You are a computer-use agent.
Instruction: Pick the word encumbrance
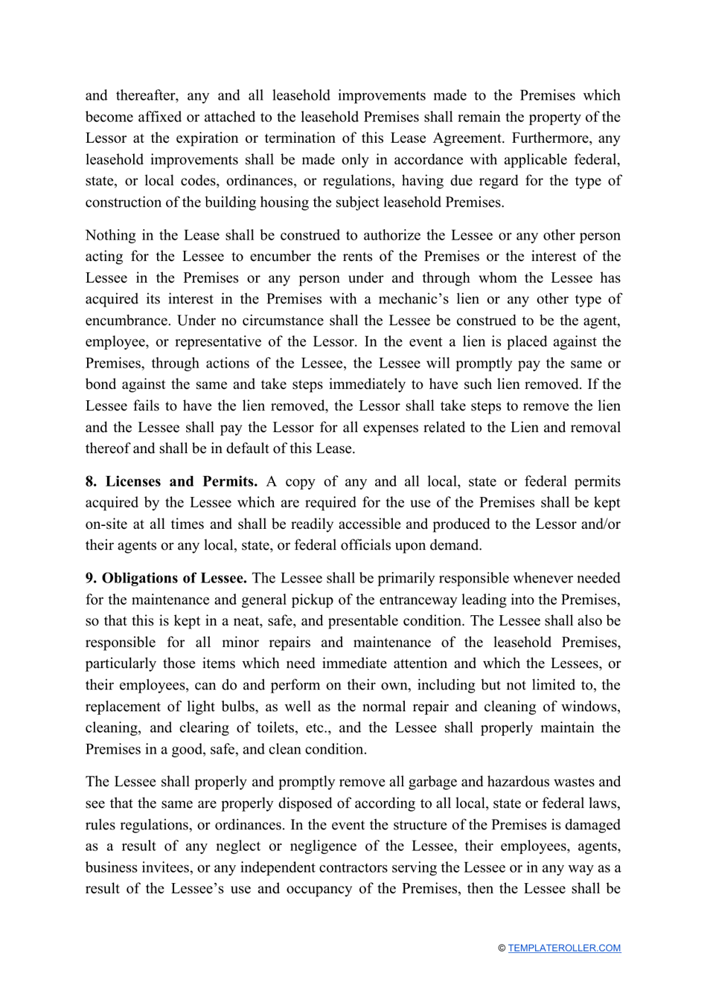[x=127, y=321]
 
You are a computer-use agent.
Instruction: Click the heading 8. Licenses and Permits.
[x=171, y=481]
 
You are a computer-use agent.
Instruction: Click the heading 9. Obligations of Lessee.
[x=165, y=578]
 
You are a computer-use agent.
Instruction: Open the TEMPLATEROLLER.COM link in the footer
[x=564, y=948]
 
